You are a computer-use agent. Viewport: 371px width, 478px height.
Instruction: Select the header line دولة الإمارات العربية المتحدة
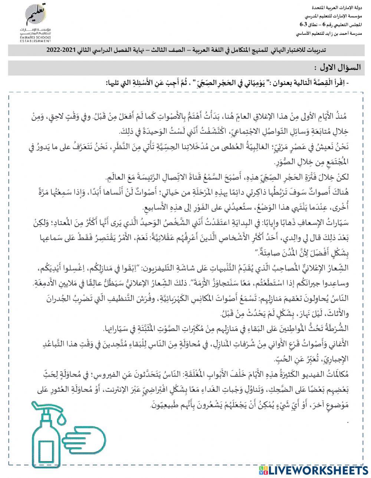[x=335, y=8]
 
